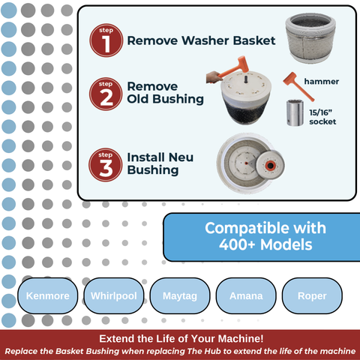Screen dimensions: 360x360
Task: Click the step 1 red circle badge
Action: click(104, 40)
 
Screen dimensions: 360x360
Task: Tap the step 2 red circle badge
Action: click(104, 93)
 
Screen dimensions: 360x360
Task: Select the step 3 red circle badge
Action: click(104, 163)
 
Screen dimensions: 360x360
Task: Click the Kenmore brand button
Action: click(47, 295)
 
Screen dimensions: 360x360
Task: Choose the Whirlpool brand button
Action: click(113, 295)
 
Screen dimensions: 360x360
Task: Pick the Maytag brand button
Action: click(180, 295)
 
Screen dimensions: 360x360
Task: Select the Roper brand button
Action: click(312, 295)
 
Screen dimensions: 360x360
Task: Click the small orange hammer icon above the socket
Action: click(292, 80)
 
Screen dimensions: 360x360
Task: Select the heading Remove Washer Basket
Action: click(202, 41)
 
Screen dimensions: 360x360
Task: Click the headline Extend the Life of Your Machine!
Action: click(181, 339)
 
